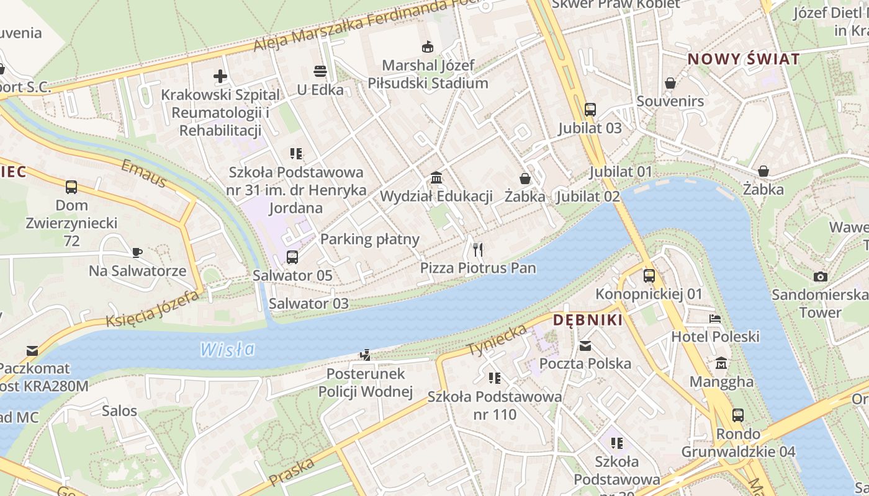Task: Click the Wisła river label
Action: click(x=227, y=349)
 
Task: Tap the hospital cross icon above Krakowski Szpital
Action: click(x=220, y=76)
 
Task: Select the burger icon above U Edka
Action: click(x=320, y=71)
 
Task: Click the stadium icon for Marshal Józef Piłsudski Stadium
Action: click(x=428, y=46)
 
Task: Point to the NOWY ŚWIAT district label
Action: click(x=744, y=60)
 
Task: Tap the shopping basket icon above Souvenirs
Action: click(x=670, y=82)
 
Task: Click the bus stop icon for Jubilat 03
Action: click(x=590, y=110)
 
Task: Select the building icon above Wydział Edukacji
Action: click(x=436, y=178)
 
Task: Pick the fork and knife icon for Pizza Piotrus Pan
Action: click(x=478, y=250)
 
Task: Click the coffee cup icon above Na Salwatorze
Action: click(x=137, y=252)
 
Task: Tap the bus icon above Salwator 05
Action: click(x=292, y=257)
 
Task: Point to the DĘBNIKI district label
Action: click(x=587, y=320)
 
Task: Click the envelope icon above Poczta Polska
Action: click(x=585, y=345)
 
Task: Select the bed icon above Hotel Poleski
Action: click(x=715, y=319)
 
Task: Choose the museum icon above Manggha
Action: click(x=721, y=363)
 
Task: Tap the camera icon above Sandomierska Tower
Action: click(x=820, y=277)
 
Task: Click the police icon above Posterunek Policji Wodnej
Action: click(x=366, y=355)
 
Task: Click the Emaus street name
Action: click(x=143, y=174)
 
